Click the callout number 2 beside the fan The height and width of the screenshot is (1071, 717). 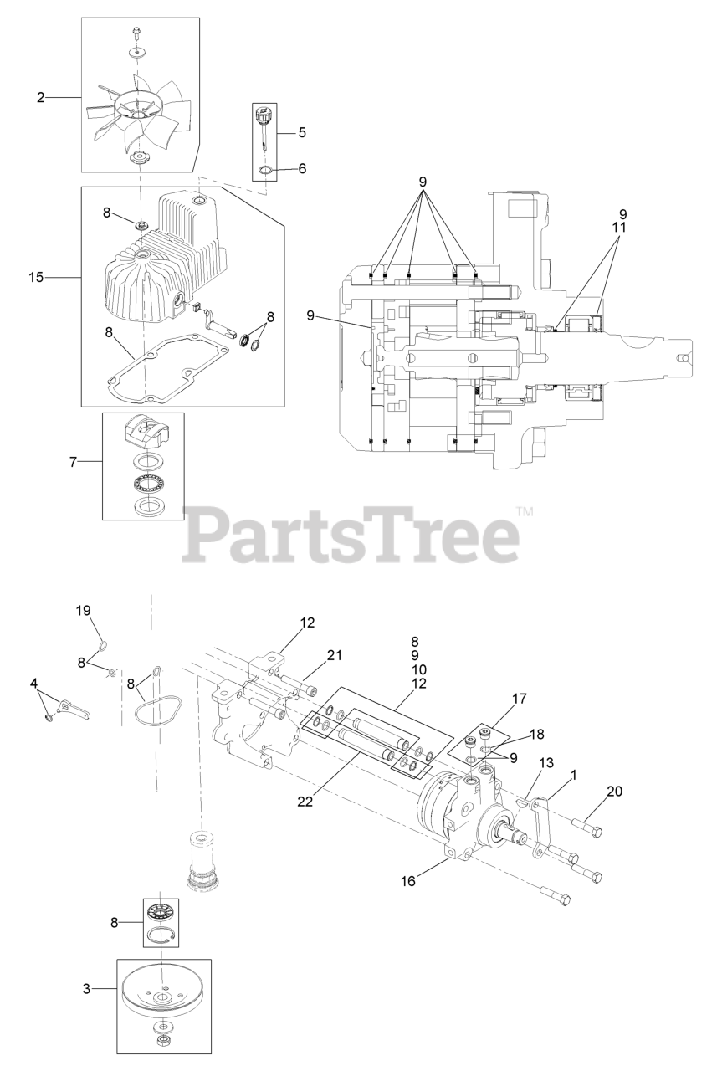[40, 98]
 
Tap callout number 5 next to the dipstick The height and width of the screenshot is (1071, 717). [301, 131]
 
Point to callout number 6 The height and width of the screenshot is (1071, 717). [301, 168]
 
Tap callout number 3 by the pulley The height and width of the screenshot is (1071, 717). [86, 989]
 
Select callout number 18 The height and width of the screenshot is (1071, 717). [536, 734]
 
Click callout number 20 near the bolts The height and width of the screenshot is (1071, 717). [613, 791]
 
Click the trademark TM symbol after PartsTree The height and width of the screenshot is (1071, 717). [525, 509]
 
